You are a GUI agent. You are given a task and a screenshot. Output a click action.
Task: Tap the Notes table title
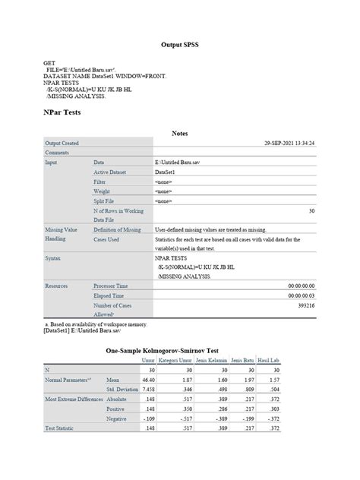tap(179, 134)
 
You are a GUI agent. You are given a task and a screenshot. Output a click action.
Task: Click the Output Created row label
tap(62, 143)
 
